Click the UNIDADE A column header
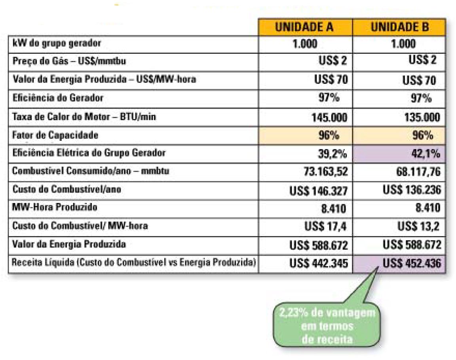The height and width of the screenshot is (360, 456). [305, 27]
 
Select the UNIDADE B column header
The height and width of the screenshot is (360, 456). [399, 27]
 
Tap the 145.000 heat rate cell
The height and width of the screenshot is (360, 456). [319, 117]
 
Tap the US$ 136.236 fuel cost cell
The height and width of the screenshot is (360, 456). [411, 190]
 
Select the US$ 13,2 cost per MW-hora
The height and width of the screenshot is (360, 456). [419, 226]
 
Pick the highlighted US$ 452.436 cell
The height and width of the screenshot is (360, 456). [411, 263]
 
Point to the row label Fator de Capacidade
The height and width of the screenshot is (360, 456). [55, 135]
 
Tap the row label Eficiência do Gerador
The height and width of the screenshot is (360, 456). [58, 97]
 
